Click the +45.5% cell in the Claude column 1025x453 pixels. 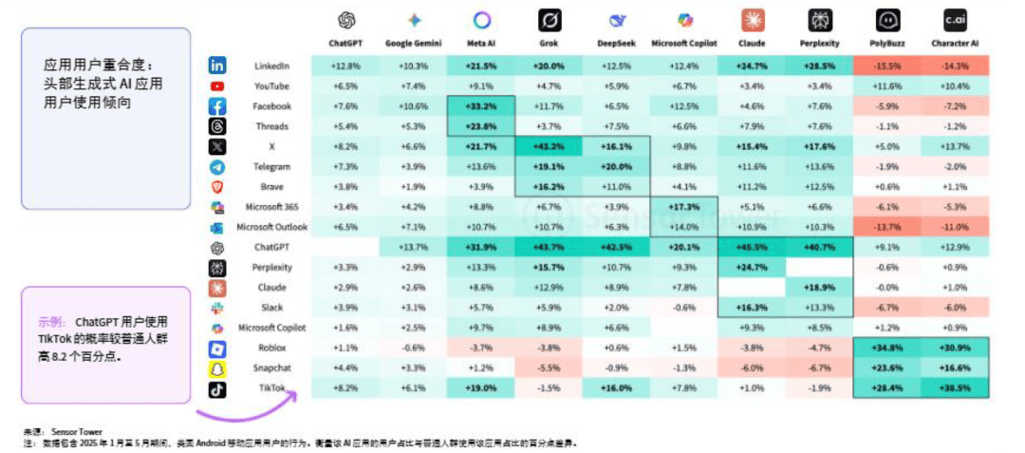click(753, 248)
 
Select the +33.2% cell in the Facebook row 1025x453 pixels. click(480, 106)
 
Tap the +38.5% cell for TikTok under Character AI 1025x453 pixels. click(956, 388)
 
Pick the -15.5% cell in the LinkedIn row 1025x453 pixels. click(885, 66)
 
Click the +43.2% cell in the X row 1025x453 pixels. click(548, 146)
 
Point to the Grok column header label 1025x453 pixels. click(548, 44)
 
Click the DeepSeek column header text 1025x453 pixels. click(617, 44)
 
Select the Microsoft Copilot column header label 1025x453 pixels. click(684, 44)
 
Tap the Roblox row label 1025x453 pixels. click(272, 349)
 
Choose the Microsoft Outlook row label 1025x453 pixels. click(272, 227)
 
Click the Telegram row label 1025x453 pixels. click(272, 166)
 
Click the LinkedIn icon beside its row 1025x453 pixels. click(217, 66)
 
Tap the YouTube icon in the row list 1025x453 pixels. click(217, 86)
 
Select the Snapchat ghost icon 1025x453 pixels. click(217, 368)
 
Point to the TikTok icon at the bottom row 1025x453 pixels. click(217, 388)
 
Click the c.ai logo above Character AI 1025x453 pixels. click(955, 19)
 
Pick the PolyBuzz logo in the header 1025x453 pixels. click(885, 19)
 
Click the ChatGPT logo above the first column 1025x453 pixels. click(345, 20)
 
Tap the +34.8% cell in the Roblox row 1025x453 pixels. click(885, 349)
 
